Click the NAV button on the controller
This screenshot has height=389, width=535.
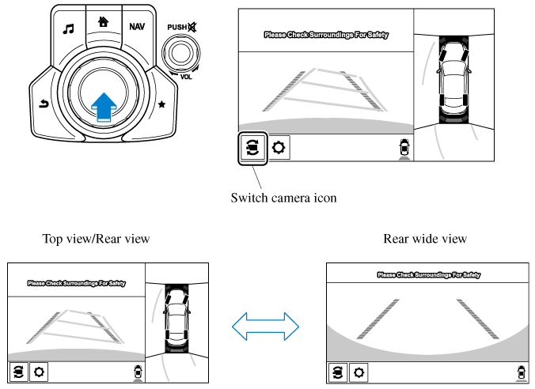click(x=137, y=26)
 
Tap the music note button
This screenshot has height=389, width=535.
click(x=68, y=28)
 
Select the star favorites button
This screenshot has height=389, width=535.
click(x=162, y=104)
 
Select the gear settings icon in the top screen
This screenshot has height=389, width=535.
click(x=279, y=148)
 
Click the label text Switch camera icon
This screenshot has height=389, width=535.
click(x=283, y=198)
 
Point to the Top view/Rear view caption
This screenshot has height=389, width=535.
click(x=96, y=238)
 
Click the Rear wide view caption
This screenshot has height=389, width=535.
click(x=425, y=238)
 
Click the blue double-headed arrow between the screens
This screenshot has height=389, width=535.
click(x=265, y=324)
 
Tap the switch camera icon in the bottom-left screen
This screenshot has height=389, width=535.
click(x=17, y=371)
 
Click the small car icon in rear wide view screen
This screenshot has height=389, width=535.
click(x=520, y=371)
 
